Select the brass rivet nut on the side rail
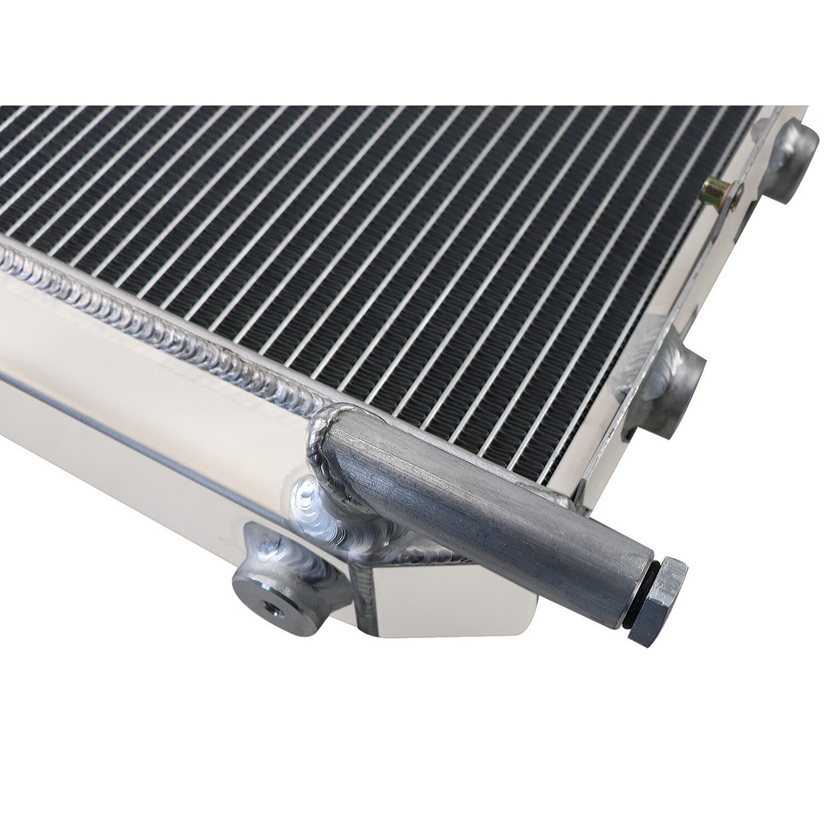(x=720, y=190)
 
